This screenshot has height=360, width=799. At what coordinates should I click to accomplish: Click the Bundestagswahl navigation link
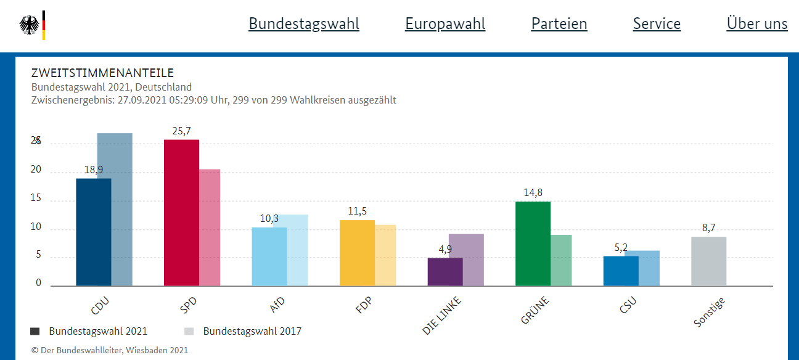click(x=303, y=24)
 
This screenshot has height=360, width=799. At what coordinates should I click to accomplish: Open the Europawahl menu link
click(x=445, y=24)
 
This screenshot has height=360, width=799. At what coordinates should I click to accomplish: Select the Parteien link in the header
click(x=559, y=24)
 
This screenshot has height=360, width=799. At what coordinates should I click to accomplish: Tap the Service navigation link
click(x=657, y=24)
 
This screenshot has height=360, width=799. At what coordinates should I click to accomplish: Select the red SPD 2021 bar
click(x=181, y=213)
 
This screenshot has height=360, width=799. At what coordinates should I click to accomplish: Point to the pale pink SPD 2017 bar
click(x=210, y=227)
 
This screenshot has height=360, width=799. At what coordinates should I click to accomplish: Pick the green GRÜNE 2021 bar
click(x=533, y=243)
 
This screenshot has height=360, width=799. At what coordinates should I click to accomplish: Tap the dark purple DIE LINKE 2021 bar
click(x=445, y=272)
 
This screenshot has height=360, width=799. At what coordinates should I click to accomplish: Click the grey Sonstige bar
click(x=708, y=261)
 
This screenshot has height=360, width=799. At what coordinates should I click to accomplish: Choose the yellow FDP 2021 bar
click(x=357, y=253)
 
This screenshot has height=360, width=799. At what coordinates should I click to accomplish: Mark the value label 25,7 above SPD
click(x=181, y=131)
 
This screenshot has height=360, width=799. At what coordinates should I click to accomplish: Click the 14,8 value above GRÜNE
click(x=533, y=193)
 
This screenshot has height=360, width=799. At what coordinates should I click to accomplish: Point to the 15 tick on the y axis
click(x=36, y=198)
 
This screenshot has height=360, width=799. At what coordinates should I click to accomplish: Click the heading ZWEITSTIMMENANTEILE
click(x=102, y=73)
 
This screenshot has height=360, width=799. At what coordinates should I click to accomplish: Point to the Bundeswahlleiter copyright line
click(x=110, y=350)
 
